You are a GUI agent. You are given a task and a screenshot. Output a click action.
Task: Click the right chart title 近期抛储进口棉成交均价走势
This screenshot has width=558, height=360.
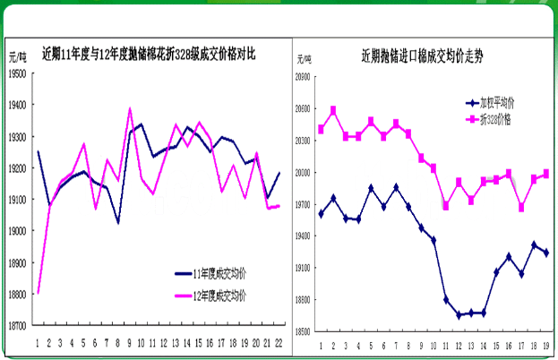(x=420, y=55)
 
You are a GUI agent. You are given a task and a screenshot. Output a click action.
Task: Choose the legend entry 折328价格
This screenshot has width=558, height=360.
(x=494, y=118)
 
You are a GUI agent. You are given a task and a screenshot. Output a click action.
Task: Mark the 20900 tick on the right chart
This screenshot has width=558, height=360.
(x=301, y=77)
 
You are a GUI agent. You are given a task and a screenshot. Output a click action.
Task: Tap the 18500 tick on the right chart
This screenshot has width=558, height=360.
(x=301, y=331)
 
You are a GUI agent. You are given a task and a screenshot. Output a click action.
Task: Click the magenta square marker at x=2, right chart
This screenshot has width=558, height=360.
(x=334, y=111)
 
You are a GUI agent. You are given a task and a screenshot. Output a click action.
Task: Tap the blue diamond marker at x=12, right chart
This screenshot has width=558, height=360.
(x=459, y=315)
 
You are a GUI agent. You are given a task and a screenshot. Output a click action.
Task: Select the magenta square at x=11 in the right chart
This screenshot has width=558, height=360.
(x=446, y=206)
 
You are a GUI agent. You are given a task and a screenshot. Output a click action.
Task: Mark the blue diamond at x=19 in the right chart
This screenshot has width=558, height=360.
(x=545, y=253)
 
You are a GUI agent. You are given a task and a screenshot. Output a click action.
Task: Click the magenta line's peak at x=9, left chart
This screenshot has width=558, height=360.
(x=131, y=109)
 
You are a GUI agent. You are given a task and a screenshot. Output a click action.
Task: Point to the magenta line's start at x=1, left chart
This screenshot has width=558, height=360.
(x=38, y=293)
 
